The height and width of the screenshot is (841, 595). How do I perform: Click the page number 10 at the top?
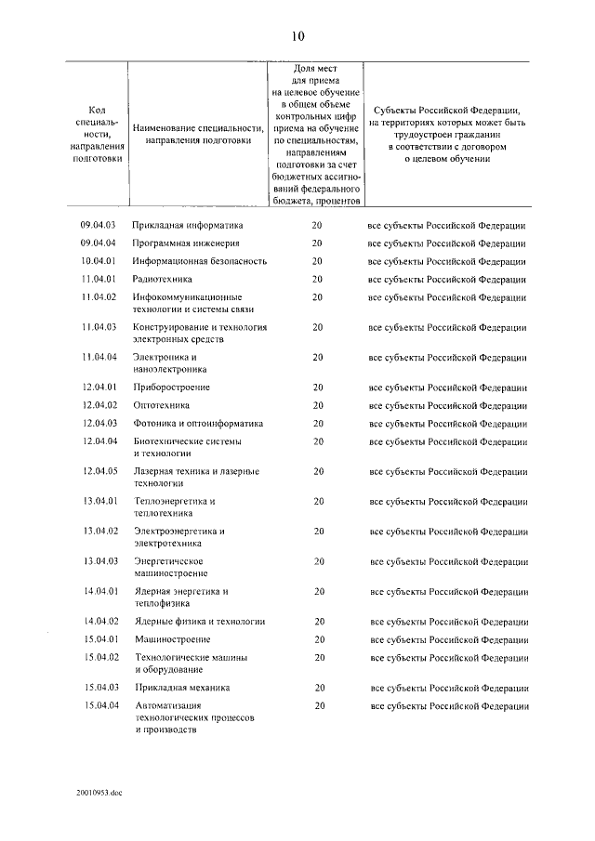coord(297,37)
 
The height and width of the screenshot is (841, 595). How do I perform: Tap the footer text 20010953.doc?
coord(100,795)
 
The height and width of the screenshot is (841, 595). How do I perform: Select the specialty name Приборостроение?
coord(171,387)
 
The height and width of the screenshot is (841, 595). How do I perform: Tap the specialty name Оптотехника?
coord(162,405)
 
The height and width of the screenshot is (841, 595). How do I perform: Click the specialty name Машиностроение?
coord(172,639)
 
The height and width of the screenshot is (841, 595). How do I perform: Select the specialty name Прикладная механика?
coord(181,688)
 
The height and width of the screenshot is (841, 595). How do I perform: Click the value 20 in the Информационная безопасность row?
coord(317,261)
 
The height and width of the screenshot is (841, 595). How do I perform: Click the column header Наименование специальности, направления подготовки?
coord(199,134)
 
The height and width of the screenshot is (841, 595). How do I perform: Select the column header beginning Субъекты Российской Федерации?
coord(447,134)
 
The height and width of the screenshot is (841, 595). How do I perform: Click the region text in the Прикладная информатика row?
coord(447,225)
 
